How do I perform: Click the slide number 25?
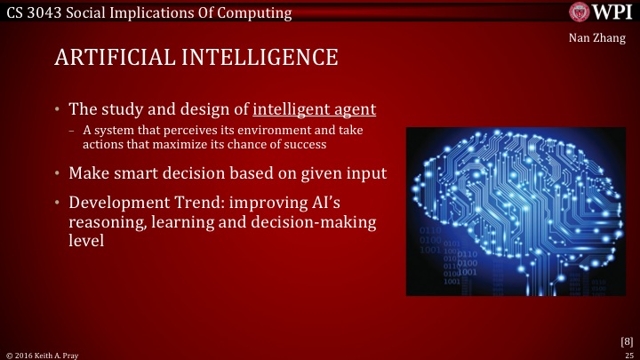click(x=628, y=354)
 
